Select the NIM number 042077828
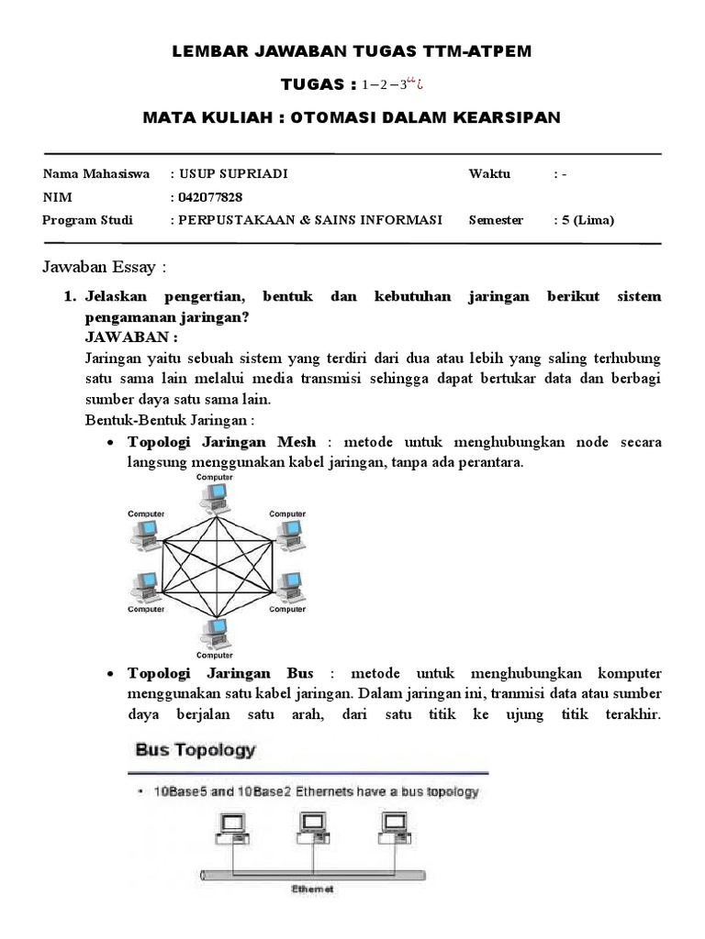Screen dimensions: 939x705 (x=212, y=197)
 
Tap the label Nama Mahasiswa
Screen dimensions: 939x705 (x=96, y=174)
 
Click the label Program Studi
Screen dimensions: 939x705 (x=88, y=220)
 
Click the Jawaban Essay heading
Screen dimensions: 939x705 (x=106, y=268)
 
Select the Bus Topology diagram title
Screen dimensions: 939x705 (x=196, y=750)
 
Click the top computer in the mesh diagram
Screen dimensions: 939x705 (x=217, y=496)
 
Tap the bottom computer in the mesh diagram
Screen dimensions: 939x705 (x=217, y=630)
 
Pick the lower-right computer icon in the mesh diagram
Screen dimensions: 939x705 (x=287, y=585)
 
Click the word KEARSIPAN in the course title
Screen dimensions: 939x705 (x=499, y=117)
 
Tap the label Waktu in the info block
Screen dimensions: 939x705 (x=489, y=174)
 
